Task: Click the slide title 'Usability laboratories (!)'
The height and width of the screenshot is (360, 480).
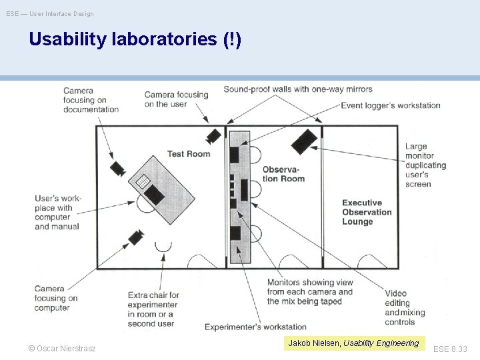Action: [135, 40]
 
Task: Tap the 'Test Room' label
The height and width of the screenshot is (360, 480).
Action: [189, 154]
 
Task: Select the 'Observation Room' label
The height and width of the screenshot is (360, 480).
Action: [283, 173]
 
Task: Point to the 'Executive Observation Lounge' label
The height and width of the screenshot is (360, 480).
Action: [367, 212]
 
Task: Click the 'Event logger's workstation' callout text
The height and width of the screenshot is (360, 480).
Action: [391, 105]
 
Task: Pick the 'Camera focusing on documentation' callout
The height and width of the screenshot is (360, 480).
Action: [91, 100]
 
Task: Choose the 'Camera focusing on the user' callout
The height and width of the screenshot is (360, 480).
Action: [176, 99]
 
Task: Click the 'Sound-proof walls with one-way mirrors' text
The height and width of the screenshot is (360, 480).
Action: [298, 89]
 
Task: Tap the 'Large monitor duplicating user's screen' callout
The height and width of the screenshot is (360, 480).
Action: [425, 165]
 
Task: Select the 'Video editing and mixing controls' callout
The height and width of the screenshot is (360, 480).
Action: [405, 307]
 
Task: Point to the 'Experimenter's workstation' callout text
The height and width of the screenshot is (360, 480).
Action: [255, 327]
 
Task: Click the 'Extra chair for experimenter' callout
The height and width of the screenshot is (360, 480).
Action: [153, 309]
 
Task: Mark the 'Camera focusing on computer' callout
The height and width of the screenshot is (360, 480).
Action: [56, 298]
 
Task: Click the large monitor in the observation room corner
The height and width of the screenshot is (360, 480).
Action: [303, 141]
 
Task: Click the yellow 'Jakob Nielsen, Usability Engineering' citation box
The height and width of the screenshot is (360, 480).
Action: [353, 343]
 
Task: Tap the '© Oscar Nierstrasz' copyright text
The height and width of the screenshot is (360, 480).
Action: [62, 349]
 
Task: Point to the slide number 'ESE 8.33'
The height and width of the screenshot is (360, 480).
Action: [450, 349]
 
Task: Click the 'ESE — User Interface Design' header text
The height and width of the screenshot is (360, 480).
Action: [50, 13]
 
